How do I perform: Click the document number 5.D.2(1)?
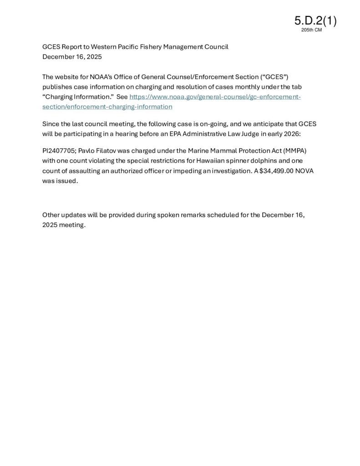pos(315,20)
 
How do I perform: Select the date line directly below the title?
pos(72,57)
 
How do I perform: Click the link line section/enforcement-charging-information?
pos(107,106)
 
